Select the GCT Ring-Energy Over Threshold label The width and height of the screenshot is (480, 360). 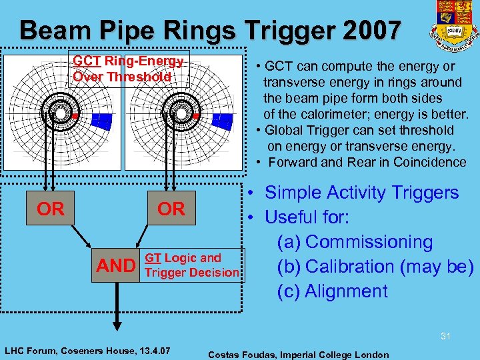(x=129, y=69)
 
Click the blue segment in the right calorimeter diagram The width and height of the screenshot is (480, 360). (x=221, y=121)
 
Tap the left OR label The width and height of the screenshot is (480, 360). (x=51, y=209)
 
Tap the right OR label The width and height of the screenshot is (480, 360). (x=171, y=209)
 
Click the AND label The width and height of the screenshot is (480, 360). (x=116, y=266)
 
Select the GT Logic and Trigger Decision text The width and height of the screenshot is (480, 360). (x=192, y=265)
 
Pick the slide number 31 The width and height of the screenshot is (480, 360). (x=445, y=337)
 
